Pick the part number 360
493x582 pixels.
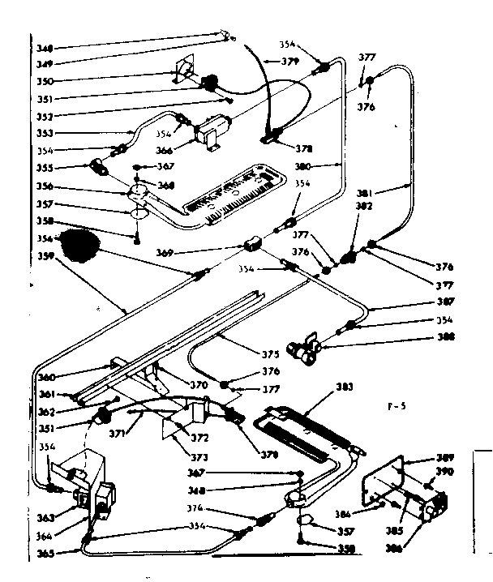click(x=48, y=378)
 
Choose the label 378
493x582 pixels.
click(x=305, y=149)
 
